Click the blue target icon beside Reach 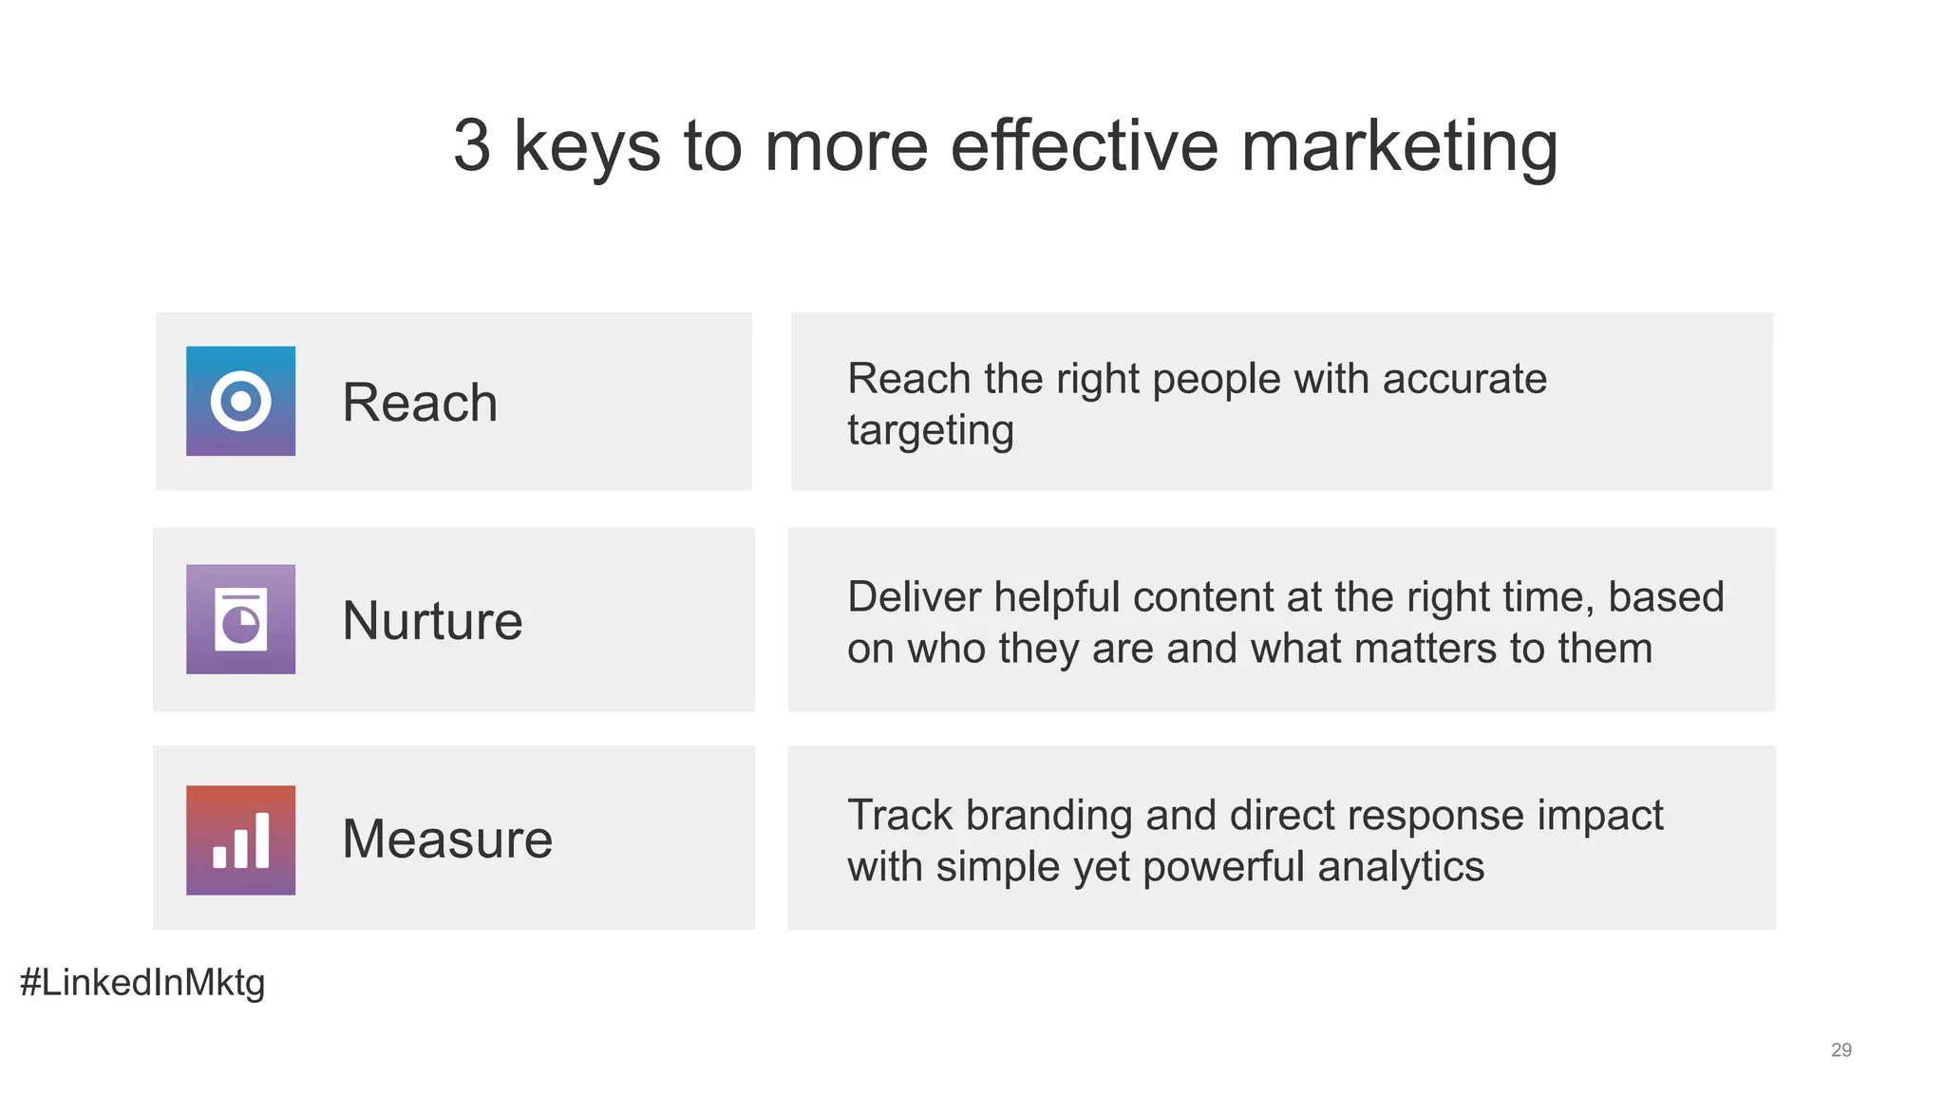click(x=240, y=401)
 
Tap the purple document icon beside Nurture click(x=240, y=619)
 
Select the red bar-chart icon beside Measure click(x=240, y=839)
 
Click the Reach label click(x=420, y=403)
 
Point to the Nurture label click(x=432, y=621)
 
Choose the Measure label click(x=447, y=839)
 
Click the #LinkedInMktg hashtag click(x=142, y=983)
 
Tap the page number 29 click(x=1841, y=1049)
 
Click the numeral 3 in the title click(x=472, y=146)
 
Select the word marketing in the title click(x=1399, y=148)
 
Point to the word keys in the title click(x=586, y=148)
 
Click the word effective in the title click(x=1084, y=146)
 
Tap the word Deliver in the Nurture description click(x=914, y=597)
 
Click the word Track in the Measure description click(x=899, y=816)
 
